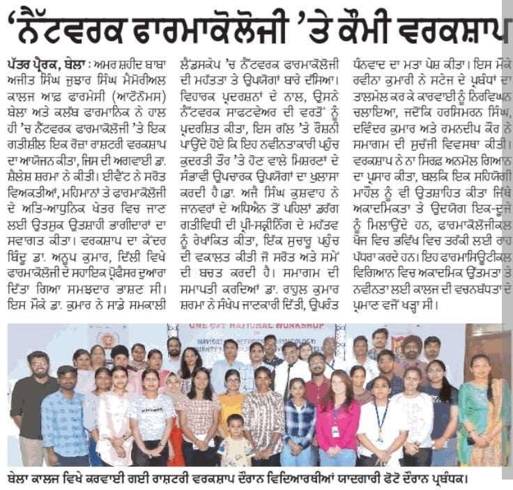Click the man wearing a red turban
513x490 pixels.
pos(412,349)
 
